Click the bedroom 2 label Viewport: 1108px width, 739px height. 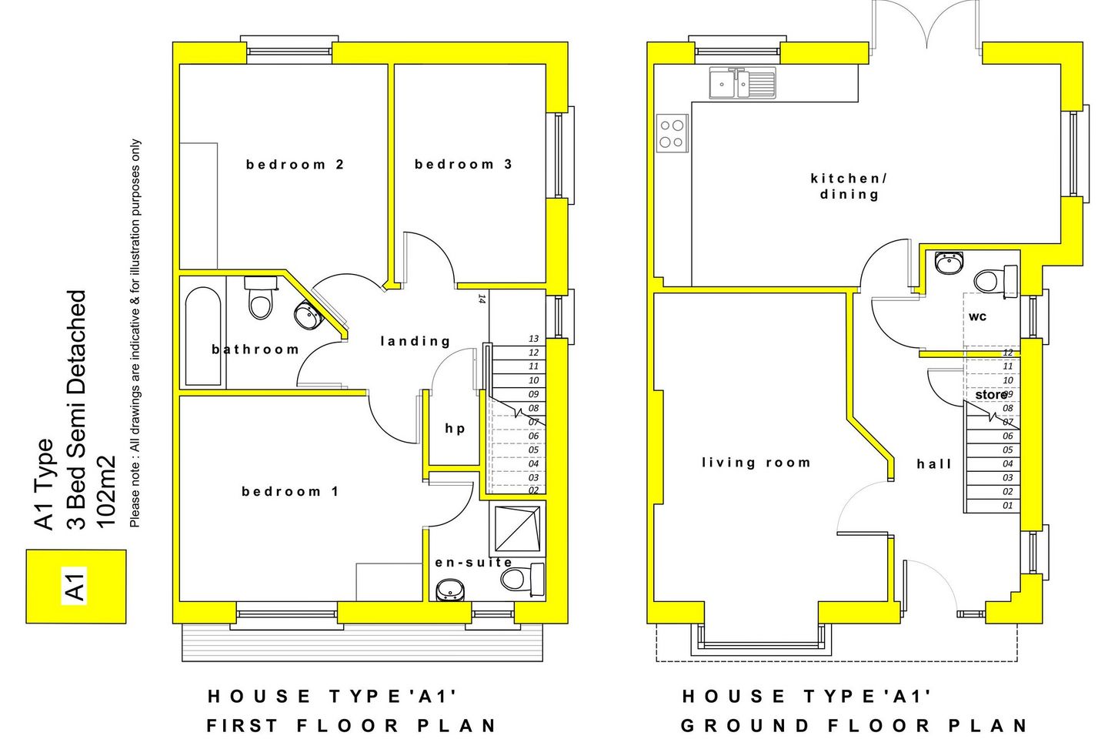[295, 164]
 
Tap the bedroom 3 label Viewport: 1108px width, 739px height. [462, 164]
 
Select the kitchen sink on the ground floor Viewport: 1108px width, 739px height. [742, 82]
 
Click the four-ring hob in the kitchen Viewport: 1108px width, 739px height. [672, 133]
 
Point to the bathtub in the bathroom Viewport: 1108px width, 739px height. [203, 336]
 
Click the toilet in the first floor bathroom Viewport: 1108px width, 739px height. [261, 299]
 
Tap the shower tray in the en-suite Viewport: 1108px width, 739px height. [517, 529]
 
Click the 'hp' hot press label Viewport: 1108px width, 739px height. [455, 429]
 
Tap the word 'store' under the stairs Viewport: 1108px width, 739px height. [990, 395]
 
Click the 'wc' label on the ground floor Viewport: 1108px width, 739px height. [977, 316]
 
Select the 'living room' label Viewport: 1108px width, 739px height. [756, 463]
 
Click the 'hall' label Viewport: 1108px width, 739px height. [934, 464]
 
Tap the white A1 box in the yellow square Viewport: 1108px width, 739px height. [75, 586]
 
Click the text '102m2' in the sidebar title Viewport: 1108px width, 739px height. [105, 492]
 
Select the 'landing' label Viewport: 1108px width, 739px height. [415, 341]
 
